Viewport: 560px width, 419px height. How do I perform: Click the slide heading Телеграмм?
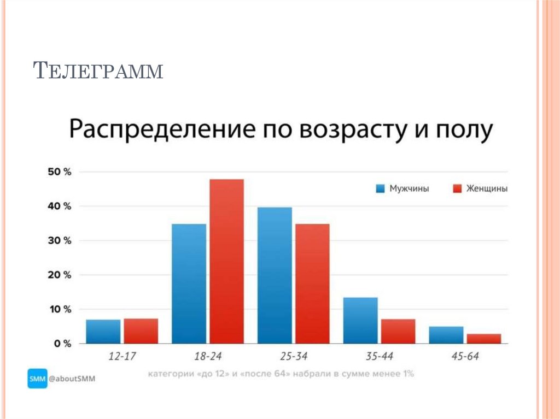point(98,70)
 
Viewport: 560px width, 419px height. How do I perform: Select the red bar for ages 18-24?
point(226,261)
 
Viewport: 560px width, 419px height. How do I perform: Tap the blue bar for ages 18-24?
point(189,284)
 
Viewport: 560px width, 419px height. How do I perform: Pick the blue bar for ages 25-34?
point(275,275)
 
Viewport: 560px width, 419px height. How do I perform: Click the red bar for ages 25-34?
point(312,284)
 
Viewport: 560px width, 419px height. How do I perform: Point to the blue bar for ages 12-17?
point(103,332)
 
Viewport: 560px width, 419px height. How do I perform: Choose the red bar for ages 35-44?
point(398,331)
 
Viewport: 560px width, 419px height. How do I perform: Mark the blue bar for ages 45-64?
point(446,335)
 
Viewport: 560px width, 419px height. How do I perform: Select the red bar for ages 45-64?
point(484,339)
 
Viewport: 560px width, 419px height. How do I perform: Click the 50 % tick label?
point(59,172)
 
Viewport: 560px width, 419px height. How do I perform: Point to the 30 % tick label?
point(59,241)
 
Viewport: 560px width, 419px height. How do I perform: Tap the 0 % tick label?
point(62,344)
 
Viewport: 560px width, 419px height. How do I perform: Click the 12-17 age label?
point(122,356)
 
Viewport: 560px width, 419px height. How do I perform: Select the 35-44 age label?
point(379,356)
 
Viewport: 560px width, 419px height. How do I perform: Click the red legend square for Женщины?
point(458,188)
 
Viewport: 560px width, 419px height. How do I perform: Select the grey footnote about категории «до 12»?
point(281,375)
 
